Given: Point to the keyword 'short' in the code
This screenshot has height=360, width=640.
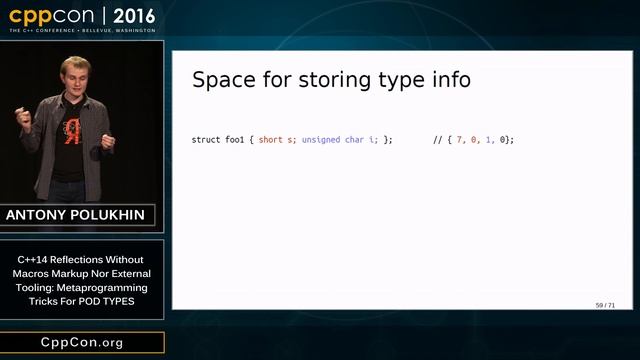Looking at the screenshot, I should [x=270, y=139].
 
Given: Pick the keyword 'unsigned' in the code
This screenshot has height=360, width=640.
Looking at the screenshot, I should [x=322, y=139].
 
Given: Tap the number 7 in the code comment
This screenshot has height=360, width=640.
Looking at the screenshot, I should [x=460, y=139].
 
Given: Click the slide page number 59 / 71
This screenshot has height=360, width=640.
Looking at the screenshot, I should [x=605, y=304].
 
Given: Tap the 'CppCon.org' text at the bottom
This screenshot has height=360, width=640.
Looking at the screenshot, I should [x=81, y=342].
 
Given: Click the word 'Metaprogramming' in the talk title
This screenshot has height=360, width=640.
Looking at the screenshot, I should [x=103, y=287].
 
